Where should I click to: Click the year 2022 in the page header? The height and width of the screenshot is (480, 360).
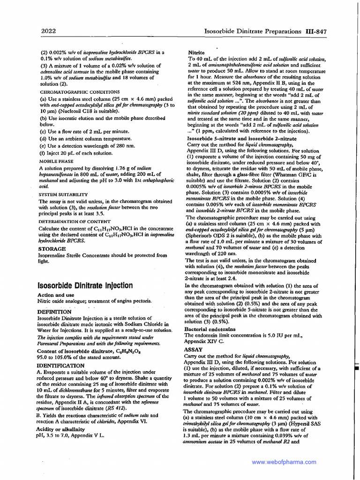48,31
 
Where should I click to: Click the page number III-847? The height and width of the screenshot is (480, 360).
315,31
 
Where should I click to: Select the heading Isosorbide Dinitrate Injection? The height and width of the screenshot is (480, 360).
85,285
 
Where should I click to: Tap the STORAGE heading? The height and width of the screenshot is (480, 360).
52,249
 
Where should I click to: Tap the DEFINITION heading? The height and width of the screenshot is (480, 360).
54,312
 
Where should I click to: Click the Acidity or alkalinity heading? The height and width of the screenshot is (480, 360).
61,429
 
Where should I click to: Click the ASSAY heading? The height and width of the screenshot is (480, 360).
194,350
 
